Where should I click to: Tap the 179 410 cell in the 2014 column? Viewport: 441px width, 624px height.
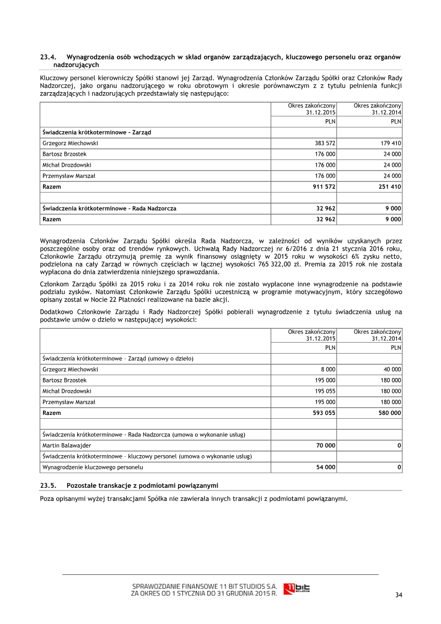pos(390,143)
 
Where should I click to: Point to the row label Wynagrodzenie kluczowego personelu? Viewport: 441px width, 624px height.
pos(93,467)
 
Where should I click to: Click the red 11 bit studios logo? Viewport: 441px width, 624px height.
pos(297,589)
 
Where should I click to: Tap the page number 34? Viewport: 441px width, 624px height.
pos(399,594)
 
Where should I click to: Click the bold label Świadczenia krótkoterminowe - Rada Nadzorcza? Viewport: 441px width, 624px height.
pos(109,209)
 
